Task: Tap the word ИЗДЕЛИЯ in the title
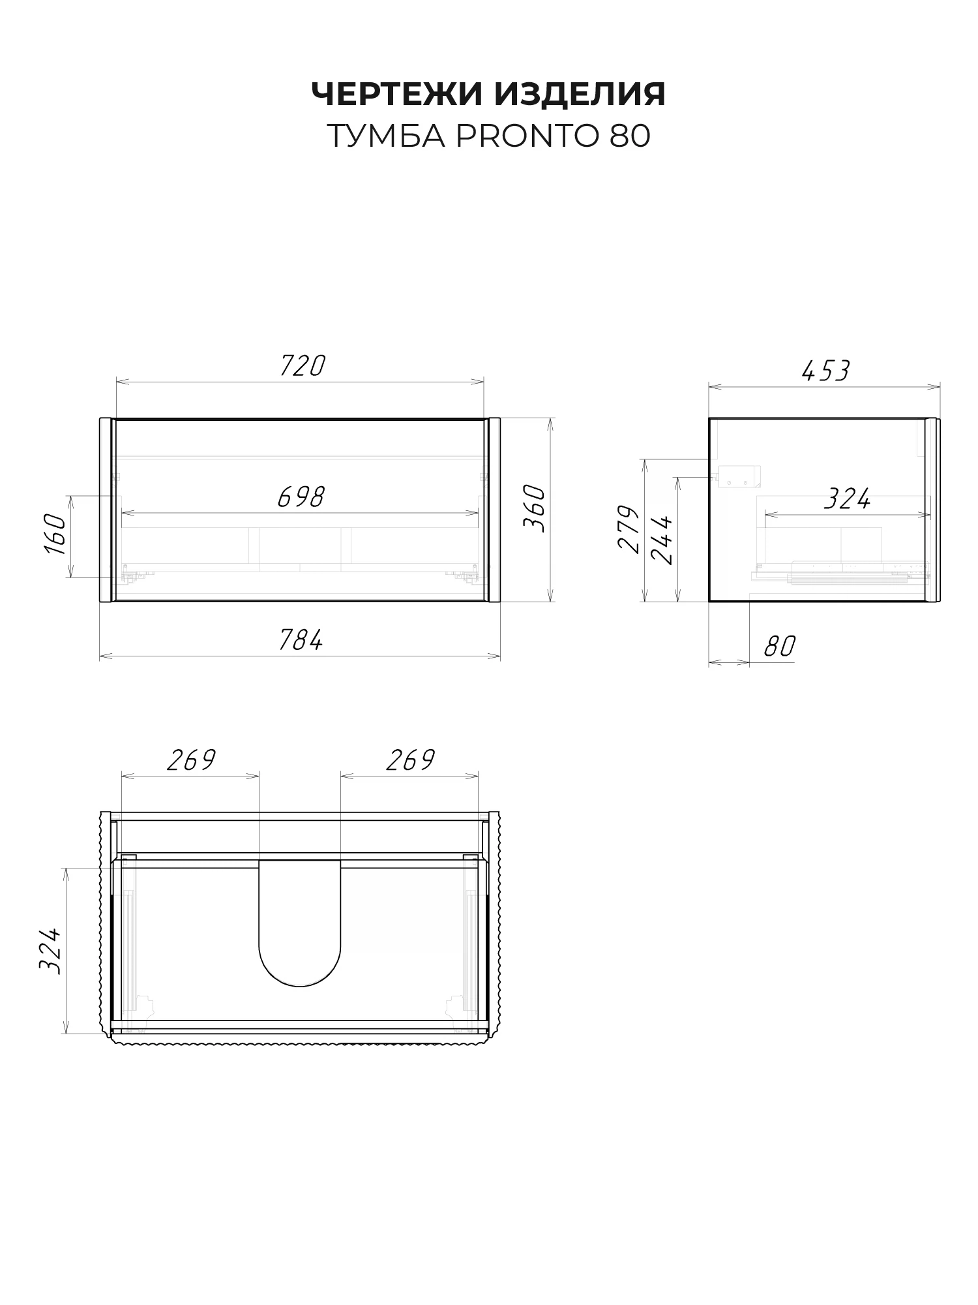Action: coord(580,95)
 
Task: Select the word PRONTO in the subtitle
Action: coord(529,136)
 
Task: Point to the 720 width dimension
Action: coord(302,366)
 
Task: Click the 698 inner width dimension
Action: coord(301,497)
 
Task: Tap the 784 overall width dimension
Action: coord(301,640)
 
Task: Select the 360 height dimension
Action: coord(534,508)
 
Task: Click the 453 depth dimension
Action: coord(825,371)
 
